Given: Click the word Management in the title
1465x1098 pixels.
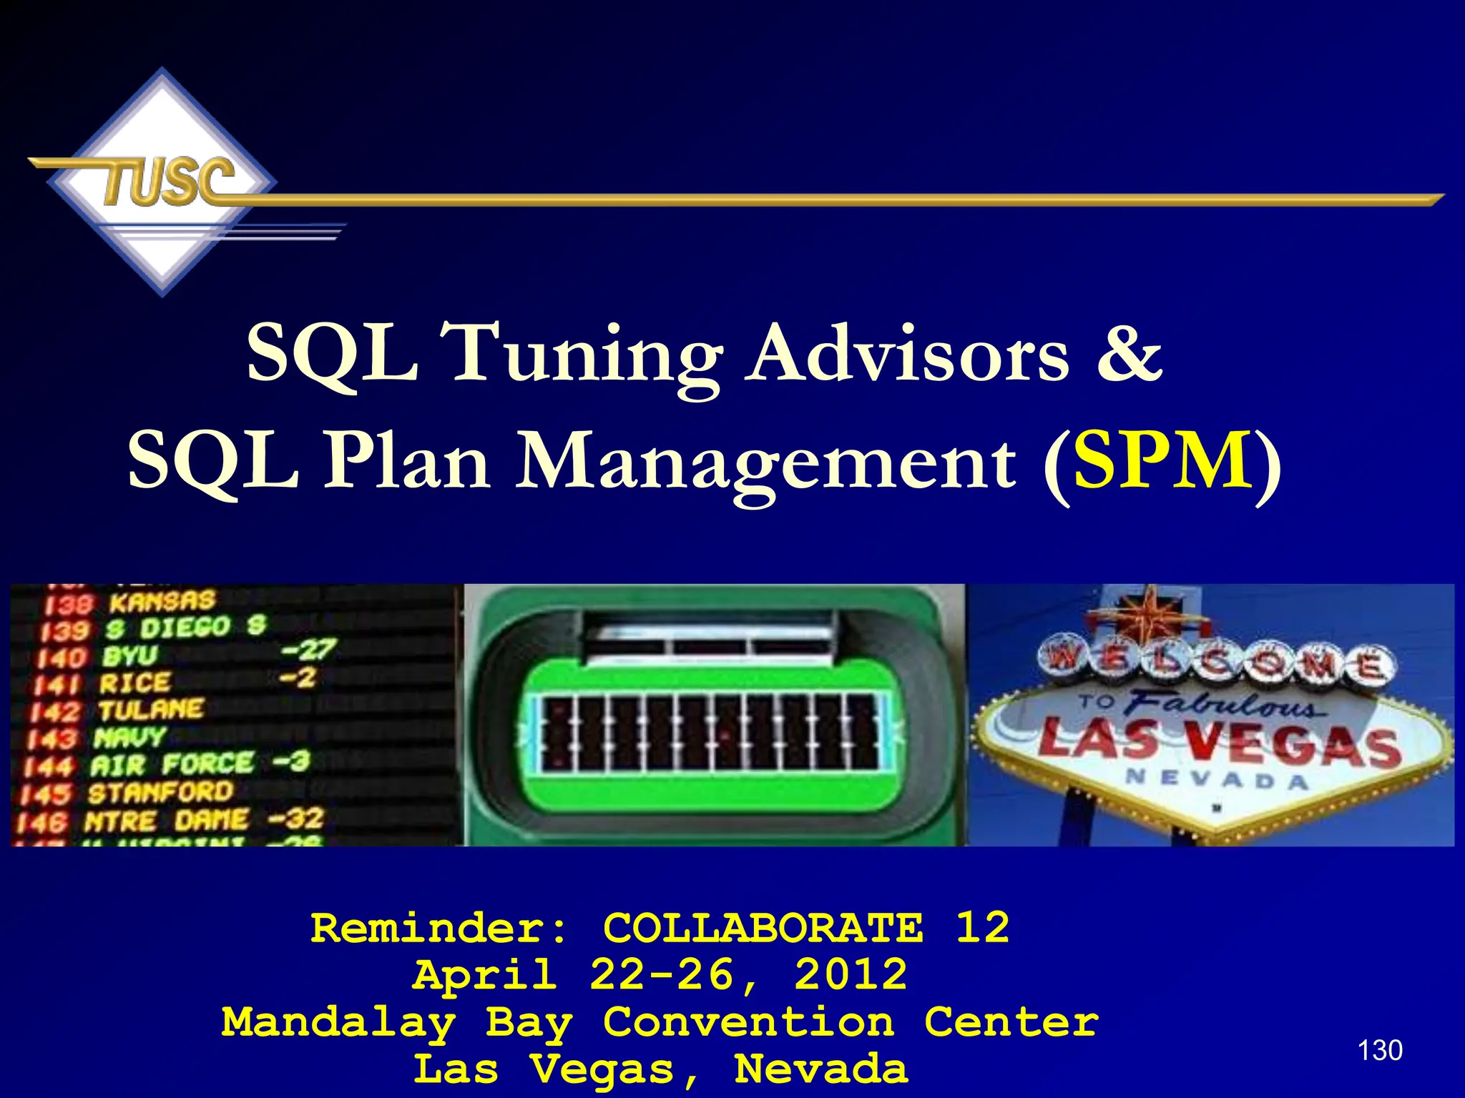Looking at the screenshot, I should pyautogui.click(x=766, y=464).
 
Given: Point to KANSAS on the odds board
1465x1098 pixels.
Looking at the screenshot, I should pyautogui.click(x=162, y=601).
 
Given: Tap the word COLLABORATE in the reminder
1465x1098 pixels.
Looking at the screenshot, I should pyautogui.click(x=763, y=929).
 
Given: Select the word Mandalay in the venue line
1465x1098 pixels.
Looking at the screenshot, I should pyautogui.click(x=338, y=1023).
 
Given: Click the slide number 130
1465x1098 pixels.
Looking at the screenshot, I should pyautogui.click(x=1379, y=1050).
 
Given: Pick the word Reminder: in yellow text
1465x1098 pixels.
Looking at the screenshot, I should pyautogui.click(x=439, y=929).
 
